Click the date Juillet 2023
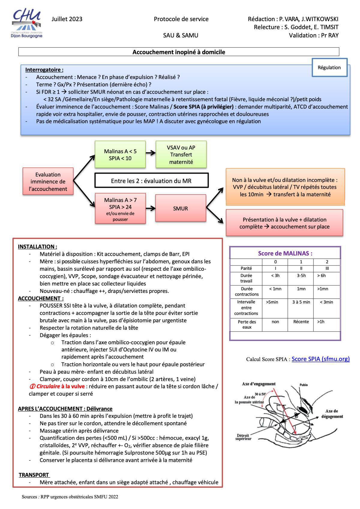67,19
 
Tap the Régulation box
329,68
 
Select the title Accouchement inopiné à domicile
179,52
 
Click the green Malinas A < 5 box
120,155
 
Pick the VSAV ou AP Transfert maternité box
181,155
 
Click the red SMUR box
180,209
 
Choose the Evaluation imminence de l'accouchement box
48,182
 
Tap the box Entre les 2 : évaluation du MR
151,181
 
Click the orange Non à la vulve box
285,187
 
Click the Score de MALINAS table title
285,253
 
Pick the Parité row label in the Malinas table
246,268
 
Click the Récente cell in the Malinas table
301,322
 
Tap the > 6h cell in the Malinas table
321,276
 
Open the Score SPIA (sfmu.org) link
320,359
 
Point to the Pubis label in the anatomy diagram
303,385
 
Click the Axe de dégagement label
332,414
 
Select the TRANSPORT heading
34,475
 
